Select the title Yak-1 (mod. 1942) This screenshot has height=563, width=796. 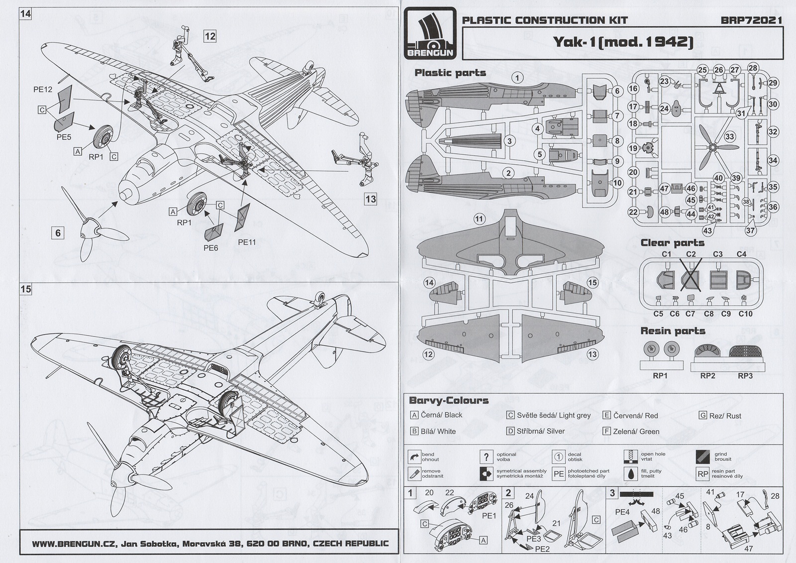pyautogui.click(x=623, y=42)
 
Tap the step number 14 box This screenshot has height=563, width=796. pyautogui.click(x=25, y=14)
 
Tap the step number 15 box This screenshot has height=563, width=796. pyautogui.click(x=25, y=289)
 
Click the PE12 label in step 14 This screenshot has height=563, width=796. pyautogui.click(x=43, y=90)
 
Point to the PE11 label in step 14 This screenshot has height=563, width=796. pyautogui.click(x=247, y=242)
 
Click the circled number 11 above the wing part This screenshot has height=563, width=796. pyautogui.click(x=479, y=219)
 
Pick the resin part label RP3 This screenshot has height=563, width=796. pyautogui.click(x=745, y=375)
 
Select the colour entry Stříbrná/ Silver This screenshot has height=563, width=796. pyautogui.click(x=540, y=431)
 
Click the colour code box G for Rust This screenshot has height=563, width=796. pyautogui.click(x=702, y=415)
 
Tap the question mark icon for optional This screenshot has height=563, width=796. pyautogui.click(x=486, y=456)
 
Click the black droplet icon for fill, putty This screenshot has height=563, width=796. pyautogui.click(x=631, y=473)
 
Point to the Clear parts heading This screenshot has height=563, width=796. pyautogui.click(x=672, y=243)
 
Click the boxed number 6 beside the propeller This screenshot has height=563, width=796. pyautogui.click(x=58, y=232)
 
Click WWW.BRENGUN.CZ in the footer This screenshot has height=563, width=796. pyautogui.click(x=74, y=543)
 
